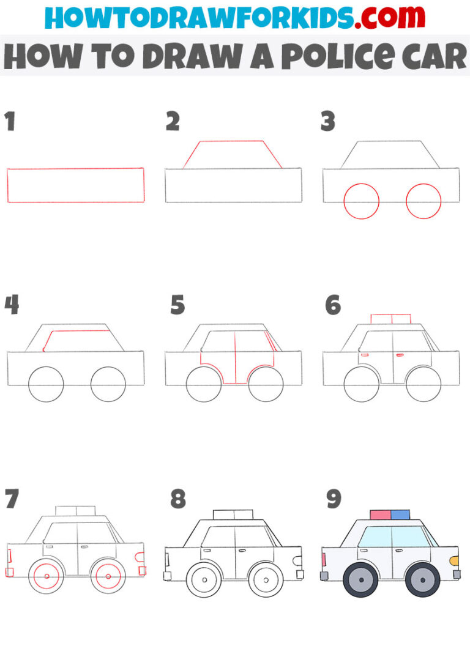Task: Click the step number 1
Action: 10,122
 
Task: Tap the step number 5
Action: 177,305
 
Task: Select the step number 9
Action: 333,499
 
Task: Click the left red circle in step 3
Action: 362,201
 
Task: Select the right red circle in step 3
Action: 423,201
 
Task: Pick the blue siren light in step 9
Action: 400,515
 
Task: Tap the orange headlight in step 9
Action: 454,560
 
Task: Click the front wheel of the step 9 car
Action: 422,580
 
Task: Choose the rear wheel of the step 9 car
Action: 361,580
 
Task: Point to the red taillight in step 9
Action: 323,558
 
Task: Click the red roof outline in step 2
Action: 233,142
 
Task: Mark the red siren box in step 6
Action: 390,319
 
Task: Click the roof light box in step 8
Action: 233,514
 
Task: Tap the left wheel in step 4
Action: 46,384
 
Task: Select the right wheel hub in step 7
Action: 108,576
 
